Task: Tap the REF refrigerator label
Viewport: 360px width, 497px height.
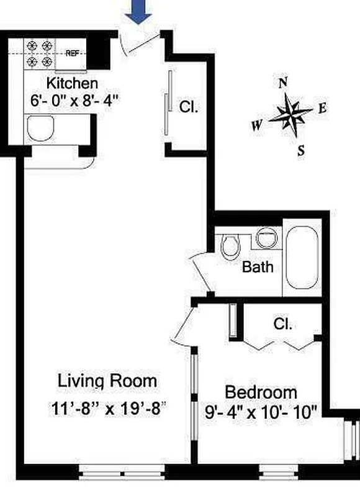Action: click(72, 53)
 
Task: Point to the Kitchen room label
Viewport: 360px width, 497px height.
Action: click(73, 83)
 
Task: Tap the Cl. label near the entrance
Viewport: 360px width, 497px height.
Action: click(189, 107)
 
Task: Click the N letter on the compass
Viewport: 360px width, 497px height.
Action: click(284, 83)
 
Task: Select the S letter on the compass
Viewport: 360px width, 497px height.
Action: click(300, 150)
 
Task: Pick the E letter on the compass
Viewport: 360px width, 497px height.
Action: click(322, 108)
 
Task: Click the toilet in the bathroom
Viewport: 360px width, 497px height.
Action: click(230, 245)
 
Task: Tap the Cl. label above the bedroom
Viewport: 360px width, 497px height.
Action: click(283, 324)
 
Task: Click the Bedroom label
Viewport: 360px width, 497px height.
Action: click(261, 393)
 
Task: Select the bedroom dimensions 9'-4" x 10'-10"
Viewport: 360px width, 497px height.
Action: click(261, 411)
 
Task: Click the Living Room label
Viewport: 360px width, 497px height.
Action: click(107, 380)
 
